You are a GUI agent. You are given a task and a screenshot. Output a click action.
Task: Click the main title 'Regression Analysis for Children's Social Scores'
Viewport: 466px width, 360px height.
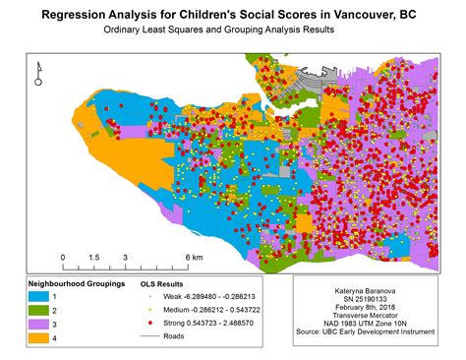pyautogui.click(x=232, y=16)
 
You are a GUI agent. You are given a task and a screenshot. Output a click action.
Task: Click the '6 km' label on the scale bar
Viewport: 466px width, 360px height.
pyautogui.click(x=192, y=257)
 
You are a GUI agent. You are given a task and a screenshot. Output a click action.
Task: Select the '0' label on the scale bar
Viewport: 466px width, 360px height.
pyautogui.click(x=62, y=257)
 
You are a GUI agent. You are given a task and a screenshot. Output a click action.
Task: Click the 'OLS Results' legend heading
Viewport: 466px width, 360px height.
pyautogui.click(x=162, y=282)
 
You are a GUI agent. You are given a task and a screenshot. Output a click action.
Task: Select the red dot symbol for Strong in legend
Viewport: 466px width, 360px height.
pyautogui.click(x=148, y=322)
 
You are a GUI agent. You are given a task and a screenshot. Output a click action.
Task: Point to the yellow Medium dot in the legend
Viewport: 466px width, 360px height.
pyautogui.click(x=148, y=308)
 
